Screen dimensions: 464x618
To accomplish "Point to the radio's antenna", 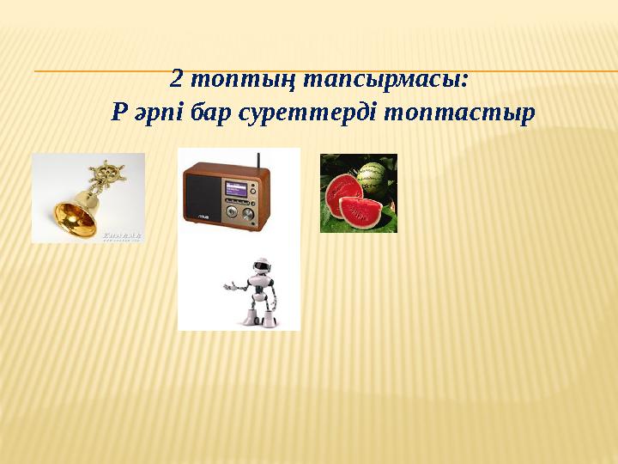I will tap(258, 161).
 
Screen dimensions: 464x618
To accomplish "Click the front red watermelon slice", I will tap(360, 211).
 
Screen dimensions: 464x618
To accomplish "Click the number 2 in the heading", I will tap(176, 80).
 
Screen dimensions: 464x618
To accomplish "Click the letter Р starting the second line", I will tap(119, 112).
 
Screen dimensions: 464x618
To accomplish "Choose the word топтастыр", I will tap(459, 113).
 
